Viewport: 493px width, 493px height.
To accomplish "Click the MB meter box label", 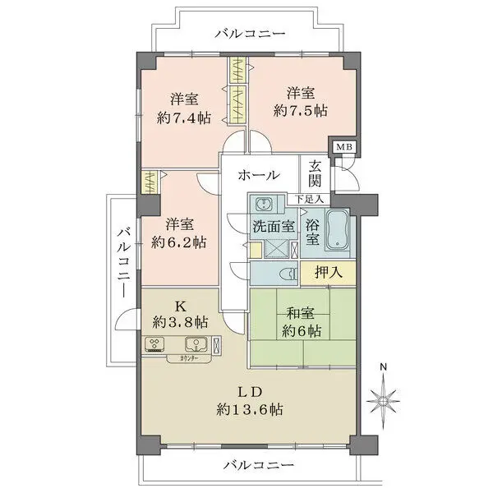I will tap(339, 147).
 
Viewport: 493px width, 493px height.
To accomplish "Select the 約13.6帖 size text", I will tap(251, 409).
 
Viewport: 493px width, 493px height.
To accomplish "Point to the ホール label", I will tap(259, 175).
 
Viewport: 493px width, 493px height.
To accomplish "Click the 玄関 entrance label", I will tap(316, 173).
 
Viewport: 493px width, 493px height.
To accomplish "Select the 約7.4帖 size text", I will tap(183, 117).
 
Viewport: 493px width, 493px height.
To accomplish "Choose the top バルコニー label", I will tap(250, 34).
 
